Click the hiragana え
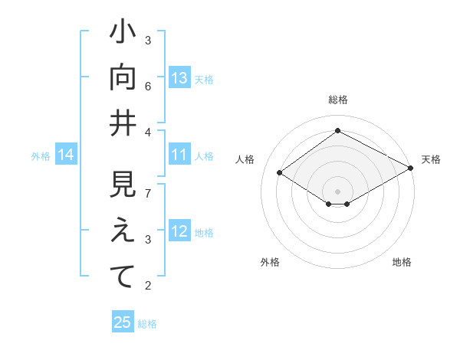coord(123,232)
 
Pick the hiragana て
coord(123,277)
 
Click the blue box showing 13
coord(179,78)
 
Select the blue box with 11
coord(179,155)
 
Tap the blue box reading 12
coord(179,232)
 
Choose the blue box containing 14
coord(66,155)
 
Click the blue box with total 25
coord(123,322)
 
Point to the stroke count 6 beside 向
coord(148,86)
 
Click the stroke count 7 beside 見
coord(148,193)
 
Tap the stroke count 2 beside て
coord(148,286)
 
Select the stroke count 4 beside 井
coord(148,133)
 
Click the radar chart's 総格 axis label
coord(337,100)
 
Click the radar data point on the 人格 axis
coord(280,173)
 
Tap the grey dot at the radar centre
coord(337,190)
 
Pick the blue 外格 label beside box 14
coord(41,156)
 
